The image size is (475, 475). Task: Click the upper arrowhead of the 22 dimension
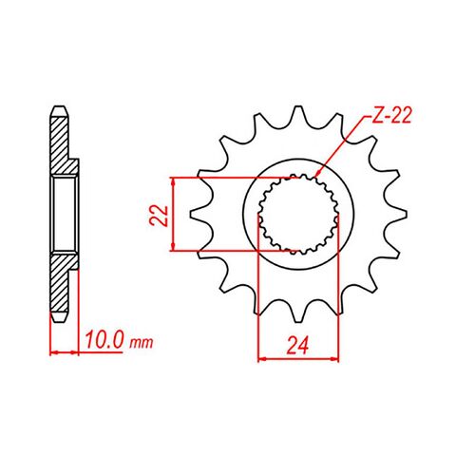173,180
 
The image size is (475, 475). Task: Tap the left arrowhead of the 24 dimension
262,359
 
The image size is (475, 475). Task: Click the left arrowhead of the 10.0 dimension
53,352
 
